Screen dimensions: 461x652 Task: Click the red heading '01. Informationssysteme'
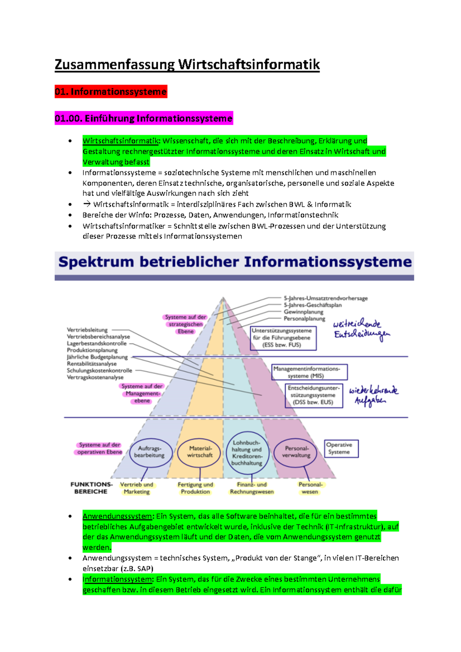(111, 92)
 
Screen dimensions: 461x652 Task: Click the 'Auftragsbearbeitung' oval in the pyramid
(149, 452)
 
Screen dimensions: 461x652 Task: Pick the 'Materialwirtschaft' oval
(200, 452)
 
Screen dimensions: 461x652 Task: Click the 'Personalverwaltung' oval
(296, 452)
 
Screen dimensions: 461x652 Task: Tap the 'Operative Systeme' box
(341, 448)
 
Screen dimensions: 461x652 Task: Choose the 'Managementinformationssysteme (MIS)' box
(309, 372)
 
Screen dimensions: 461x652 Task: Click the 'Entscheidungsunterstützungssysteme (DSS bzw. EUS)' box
(313, 395)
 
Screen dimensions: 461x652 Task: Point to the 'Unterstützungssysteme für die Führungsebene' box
(283, 338)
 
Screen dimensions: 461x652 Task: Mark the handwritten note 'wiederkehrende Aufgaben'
(373, 396)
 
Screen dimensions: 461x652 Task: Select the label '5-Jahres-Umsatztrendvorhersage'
(325, 298)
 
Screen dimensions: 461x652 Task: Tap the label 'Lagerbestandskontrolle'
(96, 344)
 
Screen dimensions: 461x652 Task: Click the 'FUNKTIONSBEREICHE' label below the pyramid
(91, 488)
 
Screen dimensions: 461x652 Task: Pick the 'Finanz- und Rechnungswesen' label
(252, 488)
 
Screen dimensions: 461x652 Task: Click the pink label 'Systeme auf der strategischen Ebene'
(186, 324)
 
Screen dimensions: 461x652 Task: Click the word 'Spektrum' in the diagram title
(96, 262)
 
